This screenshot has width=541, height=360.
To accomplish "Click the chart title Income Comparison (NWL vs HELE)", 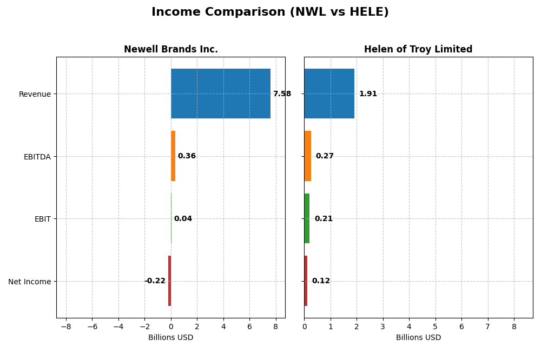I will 270,12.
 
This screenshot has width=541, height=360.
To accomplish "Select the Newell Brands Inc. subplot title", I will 170,49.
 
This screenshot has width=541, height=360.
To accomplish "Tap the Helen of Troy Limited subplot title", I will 418,49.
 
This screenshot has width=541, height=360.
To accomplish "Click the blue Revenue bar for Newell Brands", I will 221,94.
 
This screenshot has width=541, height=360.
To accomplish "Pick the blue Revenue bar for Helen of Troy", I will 329,94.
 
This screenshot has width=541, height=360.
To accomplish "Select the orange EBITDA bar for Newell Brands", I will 173,156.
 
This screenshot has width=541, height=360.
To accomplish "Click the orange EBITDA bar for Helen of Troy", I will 307,156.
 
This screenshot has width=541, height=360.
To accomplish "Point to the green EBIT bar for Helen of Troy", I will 307,218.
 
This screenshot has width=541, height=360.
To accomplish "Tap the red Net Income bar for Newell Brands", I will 169,281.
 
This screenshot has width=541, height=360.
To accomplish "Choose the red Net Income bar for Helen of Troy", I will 306,281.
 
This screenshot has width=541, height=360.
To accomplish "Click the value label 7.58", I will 281,94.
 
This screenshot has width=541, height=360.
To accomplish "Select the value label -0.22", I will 155,281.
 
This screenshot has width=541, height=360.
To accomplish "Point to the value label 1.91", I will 368,94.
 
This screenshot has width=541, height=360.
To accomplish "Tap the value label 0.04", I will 183,219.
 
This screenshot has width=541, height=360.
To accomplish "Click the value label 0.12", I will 321,281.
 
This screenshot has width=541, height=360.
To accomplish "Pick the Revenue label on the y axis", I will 35,94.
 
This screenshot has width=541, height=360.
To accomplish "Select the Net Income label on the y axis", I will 29,282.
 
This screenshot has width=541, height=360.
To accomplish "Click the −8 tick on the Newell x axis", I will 65,326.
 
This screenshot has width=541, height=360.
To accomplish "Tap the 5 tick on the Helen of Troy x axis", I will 435,326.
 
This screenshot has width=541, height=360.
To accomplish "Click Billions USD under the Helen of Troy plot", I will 418,338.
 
